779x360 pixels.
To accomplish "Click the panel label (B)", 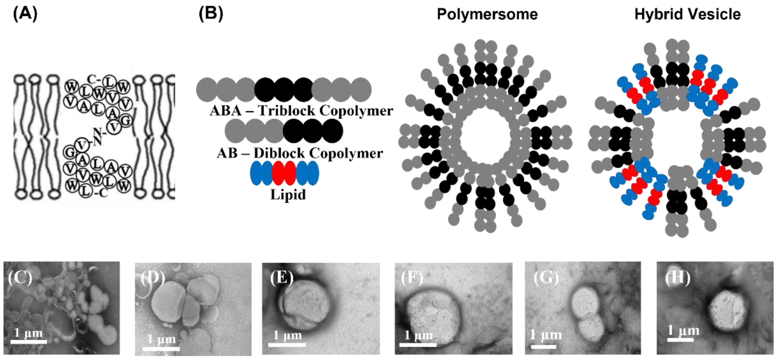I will (211, 14).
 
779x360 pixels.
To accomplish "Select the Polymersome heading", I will (487, 14).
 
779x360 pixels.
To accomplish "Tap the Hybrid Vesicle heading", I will (687, 14).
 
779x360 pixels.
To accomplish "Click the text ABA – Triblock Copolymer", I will (301, 111).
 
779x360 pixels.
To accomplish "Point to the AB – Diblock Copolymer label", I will (300, 153).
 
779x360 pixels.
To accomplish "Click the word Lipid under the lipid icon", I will (288, 194).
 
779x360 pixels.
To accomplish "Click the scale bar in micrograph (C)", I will (29, 342).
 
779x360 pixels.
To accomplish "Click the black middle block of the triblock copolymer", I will (284, 90).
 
